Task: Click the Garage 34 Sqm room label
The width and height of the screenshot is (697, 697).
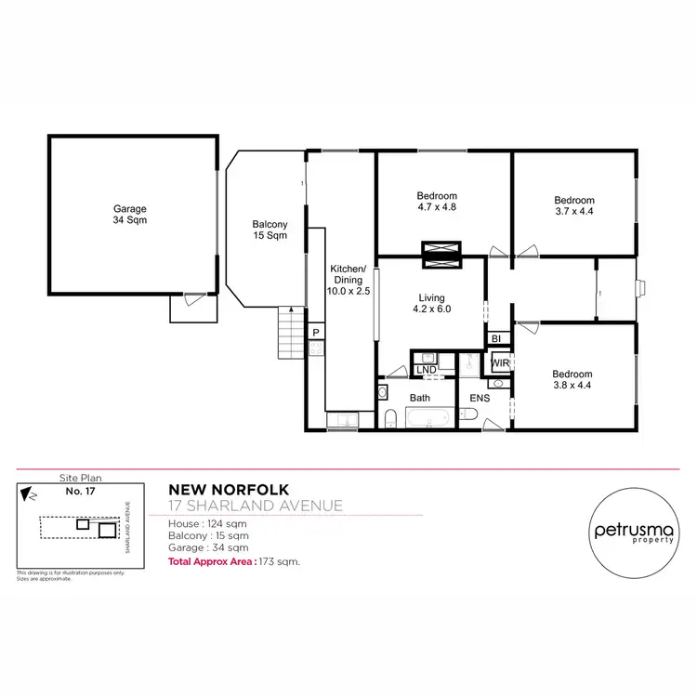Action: [x=130, y=215]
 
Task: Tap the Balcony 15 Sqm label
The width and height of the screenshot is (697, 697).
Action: [x=270, y=230]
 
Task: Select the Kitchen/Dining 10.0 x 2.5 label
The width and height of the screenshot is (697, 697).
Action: [x=349, y=280]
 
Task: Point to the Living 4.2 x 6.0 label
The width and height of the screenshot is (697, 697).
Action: [x=434, y=304]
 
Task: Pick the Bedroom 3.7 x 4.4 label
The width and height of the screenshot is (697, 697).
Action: [x=574, y=205]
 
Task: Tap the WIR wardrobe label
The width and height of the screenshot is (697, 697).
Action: [x=500, y=362]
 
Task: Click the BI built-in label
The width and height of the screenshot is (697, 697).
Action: [x=496, y=339]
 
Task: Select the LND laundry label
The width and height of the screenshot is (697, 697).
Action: [x=427, y=370]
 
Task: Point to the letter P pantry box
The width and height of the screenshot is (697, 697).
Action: [x=316, y=333]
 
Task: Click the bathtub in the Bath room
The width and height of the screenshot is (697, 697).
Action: [x=428, y=419]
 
